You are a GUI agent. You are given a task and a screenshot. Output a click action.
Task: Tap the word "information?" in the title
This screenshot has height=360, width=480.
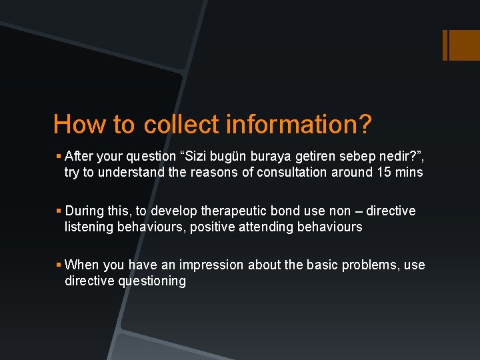[x=299, y=125]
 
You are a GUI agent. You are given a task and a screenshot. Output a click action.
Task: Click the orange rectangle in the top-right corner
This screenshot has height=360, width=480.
[x=461, y=45]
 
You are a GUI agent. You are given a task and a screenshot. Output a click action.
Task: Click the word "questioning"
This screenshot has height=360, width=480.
[x=153, y=281]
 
